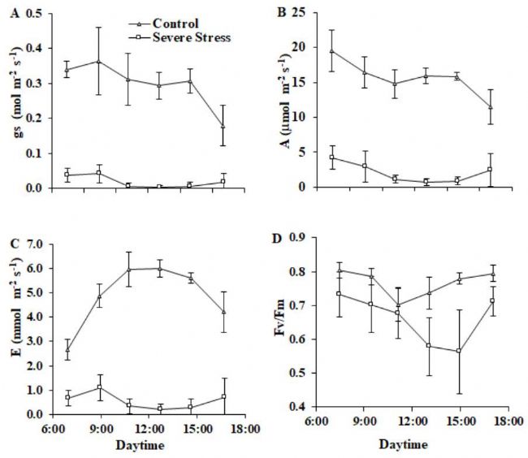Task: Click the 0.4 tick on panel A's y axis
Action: (35, 48)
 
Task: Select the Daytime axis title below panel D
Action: (413, 445)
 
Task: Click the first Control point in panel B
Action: (331, 51)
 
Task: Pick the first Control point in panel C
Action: (68, 350)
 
